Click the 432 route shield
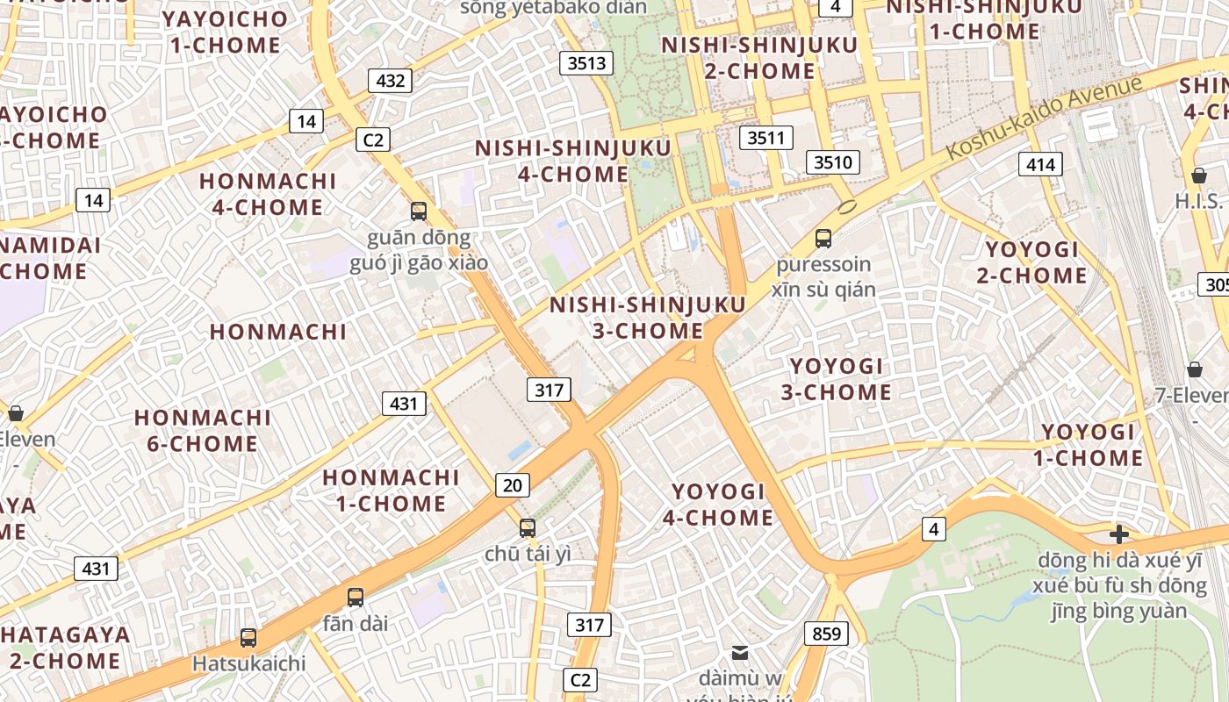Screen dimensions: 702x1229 point(390,81)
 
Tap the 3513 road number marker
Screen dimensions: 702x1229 point(586,63)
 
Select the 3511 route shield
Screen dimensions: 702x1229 point(766,138)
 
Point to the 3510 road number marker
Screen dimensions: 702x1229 point(833,162)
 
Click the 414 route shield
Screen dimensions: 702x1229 point(1040,164)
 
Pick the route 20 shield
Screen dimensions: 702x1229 point(513,484)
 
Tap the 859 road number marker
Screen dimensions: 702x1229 point(826,634)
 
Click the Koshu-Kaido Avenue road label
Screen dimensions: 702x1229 point(1046,118)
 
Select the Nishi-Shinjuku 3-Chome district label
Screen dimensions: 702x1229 point(647,318)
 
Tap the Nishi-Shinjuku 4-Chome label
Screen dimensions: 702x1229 point(573,161)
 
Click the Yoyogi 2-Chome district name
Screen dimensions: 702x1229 point(1031,262)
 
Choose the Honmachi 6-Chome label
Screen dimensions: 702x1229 point(203,430)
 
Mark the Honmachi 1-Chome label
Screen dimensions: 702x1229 point(391,491)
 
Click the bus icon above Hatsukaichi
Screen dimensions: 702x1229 point(248,638)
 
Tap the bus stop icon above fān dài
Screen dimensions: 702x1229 point(356,598)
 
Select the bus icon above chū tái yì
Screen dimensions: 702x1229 point(528,528)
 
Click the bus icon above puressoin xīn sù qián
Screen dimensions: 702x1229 point(823,238)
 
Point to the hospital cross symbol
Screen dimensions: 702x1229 point(1119,534)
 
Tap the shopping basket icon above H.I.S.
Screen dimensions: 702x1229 point(1199,175)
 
